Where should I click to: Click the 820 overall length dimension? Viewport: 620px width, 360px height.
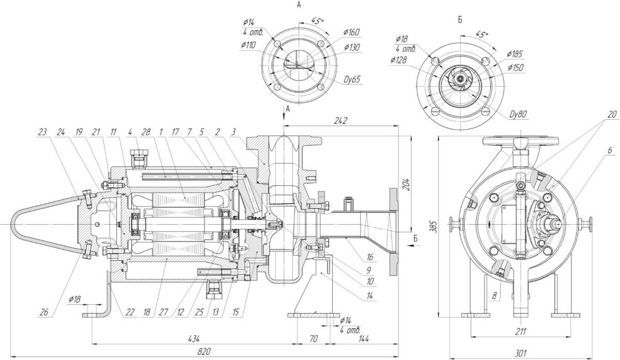tap(204, 352)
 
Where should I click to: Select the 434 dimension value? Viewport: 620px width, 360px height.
tap(194, 339)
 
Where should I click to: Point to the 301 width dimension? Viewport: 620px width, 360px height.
tap(520, 353)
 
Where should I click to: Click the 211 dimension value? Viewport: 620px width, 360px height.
tap(520, 331)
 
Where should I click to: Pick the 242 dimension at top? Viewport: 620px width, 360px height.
tap(340, 121)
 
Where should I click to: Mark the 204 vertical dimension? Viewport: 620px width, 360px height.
tap(406, 184)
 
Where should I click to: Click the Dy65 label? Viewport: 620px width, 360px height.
tap(352, 80)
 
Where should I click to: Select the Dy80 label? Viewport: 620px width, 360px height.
tap(518, 114)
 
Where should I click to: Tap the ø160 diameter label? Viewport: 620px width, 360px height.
tap(351, 33)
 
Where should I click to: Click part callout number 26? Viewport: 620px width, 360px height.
tap(44, 312)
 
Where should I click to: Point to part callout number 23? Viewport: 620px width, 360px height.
tap(42, 132)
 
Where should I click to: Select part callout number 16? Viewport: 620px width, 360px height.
tap(370, 257)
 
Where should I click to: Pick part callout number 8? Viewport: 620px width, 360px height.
tap(494, 296)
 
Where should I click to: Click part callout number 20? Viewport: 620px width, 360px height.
tap(612, 114)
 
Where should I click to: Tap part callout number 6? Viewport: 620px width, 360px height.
tap(610, 150)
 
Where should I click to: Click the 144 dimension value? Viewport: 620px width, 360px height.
tap(364, 339)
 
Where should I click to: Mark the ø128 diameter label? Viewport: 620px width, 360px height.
tap(398, 60)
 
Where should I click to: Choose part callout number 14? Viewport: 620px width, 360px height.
tap(370, 296)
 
